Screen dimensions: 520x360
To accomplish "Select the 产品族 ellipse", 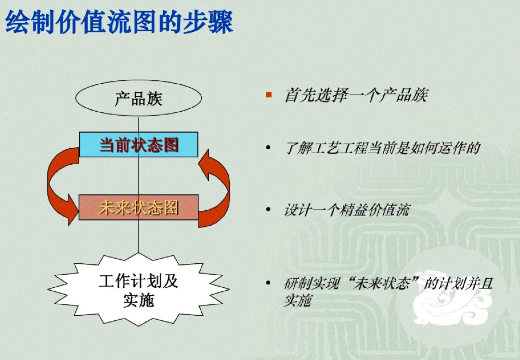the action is pos(139,99).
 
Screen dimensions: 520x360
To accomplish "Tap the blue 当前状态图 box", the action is pos(139,144).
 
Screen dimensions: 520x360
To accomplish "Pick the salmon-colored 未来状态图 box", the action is pos(139,207).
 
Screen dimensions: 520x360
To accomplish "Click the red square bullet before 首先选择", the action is pos(269,95).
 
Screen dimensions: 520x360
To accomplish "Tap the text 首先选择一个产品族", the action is pos(356,95).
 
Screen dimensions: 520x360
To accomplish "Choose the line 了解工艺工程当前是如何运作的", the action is pos(383,148).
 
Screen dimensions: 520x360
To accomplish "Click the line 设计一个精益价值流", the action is pos(347,210).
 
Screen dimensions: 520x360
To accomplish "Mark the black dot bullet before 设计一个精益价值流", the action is pos(268,210).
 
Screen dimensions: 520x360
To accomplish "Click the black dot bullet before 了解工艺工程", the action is pos(268,147).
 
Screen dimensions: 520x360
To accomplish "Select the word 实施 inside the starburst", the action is pos(139,300).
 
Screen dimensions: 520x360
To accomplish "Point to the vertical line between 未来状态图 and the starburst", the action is pos(139,236).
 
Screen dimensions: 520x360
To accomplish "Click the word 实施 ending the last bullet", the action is pos(297,301).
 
